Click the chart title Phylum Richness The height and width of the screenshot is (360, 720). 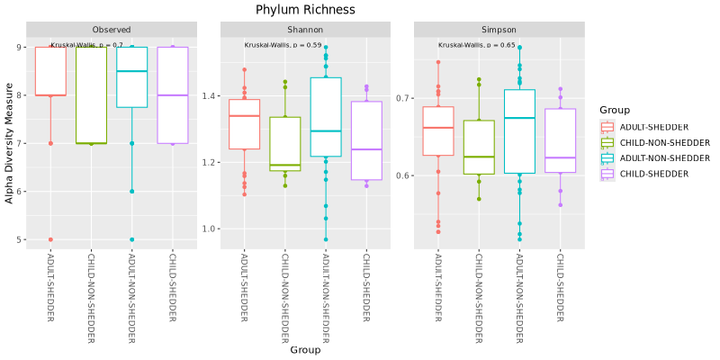(x=305, y=10)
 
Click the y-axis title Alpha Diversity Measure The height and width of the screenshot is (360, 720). (x=10, y=146)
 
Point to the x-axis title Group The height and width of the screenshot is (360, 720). (x=305, y=350)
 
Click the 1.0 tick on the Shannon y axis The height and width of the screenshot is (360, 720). (x=211, y=229)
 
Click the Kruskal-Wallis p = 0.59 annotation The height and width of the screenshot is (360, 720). (x=283, y=45)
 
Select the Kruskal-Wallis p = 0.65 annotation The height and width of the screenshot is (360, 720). (x=477, y=45)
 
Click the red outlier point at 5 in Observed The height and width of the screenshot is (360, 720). (x=50, y=239)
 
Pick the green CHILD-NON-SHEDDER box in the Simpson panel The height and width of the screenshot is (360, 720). (x=478, y=147)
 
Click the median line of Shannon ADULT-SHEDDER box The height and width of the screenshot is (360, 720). (x=245, y=116)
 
